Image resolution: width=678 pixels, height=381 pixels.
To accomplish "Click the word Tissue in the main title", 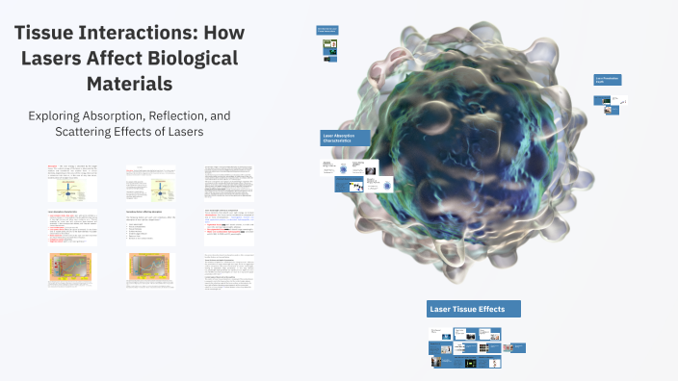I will click(x=51, y=33).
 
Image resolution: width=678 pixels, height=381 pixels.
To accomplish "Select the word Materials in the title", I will click(x=129, y=83).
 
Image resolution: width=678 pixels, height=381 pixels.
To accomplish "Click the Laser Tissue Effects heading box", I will click(x=474, y=309).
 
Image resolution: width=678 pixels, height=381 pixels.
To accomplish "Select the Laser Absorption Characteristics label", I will click(x=344, y=140).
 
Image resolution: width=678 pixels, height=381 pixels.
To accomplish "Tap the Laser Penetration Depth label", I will click(x=607, y=81).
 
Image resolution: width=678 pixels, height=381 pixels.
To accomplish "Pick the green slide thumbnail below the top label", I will click(x=329, y=45).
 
